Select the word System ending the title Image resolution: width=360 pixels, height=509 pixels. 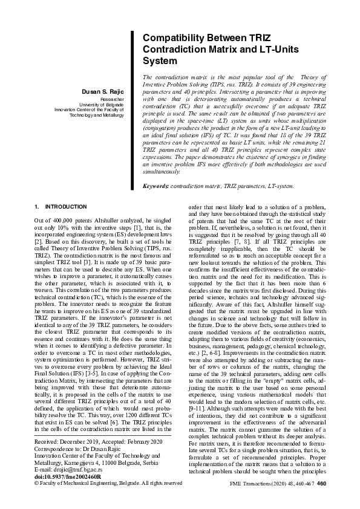[x=160, y=60]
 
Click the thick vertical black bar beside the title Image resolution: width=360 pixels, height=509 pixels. [x=132, y=109]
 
